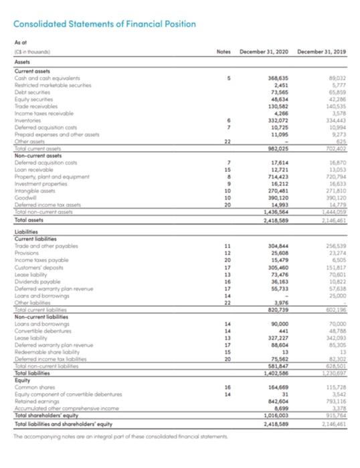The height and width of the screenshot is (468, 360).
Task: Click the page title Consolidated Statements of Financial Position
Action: (104, 25)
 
